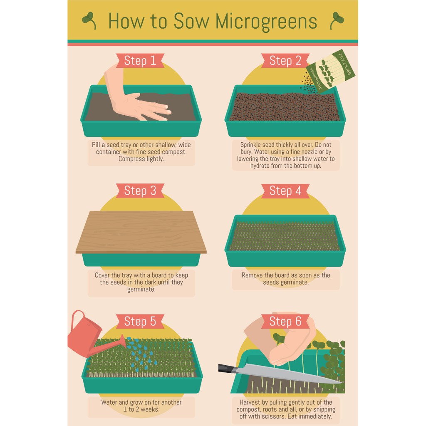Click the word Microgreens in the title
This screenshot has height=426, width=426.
click(x=266, y=22)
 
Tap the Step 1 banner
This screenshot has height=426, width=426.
click(x=140, y=61)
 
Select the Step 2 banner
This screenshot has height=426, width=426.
click(x=285, y=61)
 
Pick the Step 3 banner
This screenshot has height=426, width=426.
click(x=140, y=191)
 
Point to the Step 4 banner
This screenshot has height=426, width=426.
click(x=285, y=191)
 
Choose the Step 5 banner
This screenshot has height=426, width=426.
click(x=140, y=322)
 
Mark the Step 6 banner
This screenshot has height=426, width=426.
click(x=285, y=322)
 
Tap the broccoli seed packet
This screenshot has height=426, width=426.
click(x=331, y=72)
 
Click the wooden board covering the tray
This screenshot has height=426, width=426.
click(x=141, y=232)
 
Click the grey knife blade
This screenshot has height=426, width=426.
click(x=288, y=375)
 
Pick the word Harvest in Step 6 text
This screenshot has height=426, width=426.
click(x=250, y=402)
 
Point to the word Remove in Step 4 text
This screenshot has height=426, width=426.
click(x=252, y=275)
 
